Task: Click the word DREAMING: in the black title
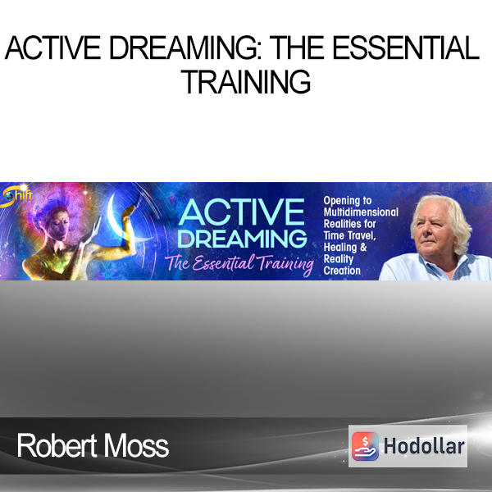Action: tap(185, 48)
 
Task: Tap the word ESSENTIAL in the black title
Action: tap(405, 48)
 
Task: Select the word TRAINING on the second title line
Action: tap(246, 81)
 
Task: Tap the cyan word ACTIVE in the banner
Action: tap(241, 212)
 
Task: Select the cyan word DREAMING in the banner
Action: tap(242, 239)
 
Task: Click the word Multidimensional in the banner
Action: tap(361, 212)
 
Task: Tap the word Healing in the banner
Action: tap(340, 248)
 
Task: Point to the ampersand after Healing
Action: tap(363, 248)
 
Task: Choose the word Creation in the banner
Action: tap(342, 271)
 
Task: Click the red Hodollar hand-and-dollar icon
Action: tap(365, 446)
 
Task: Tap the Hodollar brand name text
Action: tap(424, 446)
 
